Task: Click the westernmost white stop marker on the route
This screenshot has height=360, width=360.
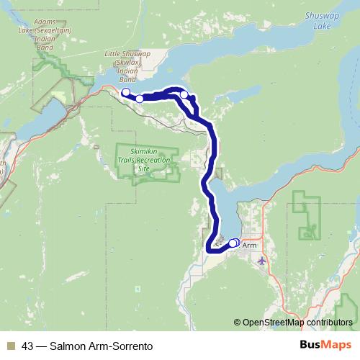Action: [x=125, y=92]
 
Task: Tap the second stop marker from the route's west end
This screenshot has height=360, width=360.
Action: [x=140, y=99]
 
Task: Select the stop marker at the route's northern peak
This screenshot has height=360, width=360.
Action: [x=184, y=94]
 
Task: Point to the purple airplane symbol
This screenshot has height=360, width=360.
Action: [x=261, y=260]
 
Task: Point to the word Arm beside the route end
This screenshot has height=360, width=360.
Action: [x=249, y=246]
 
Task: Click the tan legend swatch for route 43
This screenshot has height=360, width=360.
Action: [x=11, y=346]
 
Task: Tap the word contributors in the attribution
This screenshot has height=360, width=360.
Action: [x=328, y=322]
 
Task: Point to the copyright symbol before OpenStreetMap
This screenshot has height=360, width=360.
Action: [x=238, y=322]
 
